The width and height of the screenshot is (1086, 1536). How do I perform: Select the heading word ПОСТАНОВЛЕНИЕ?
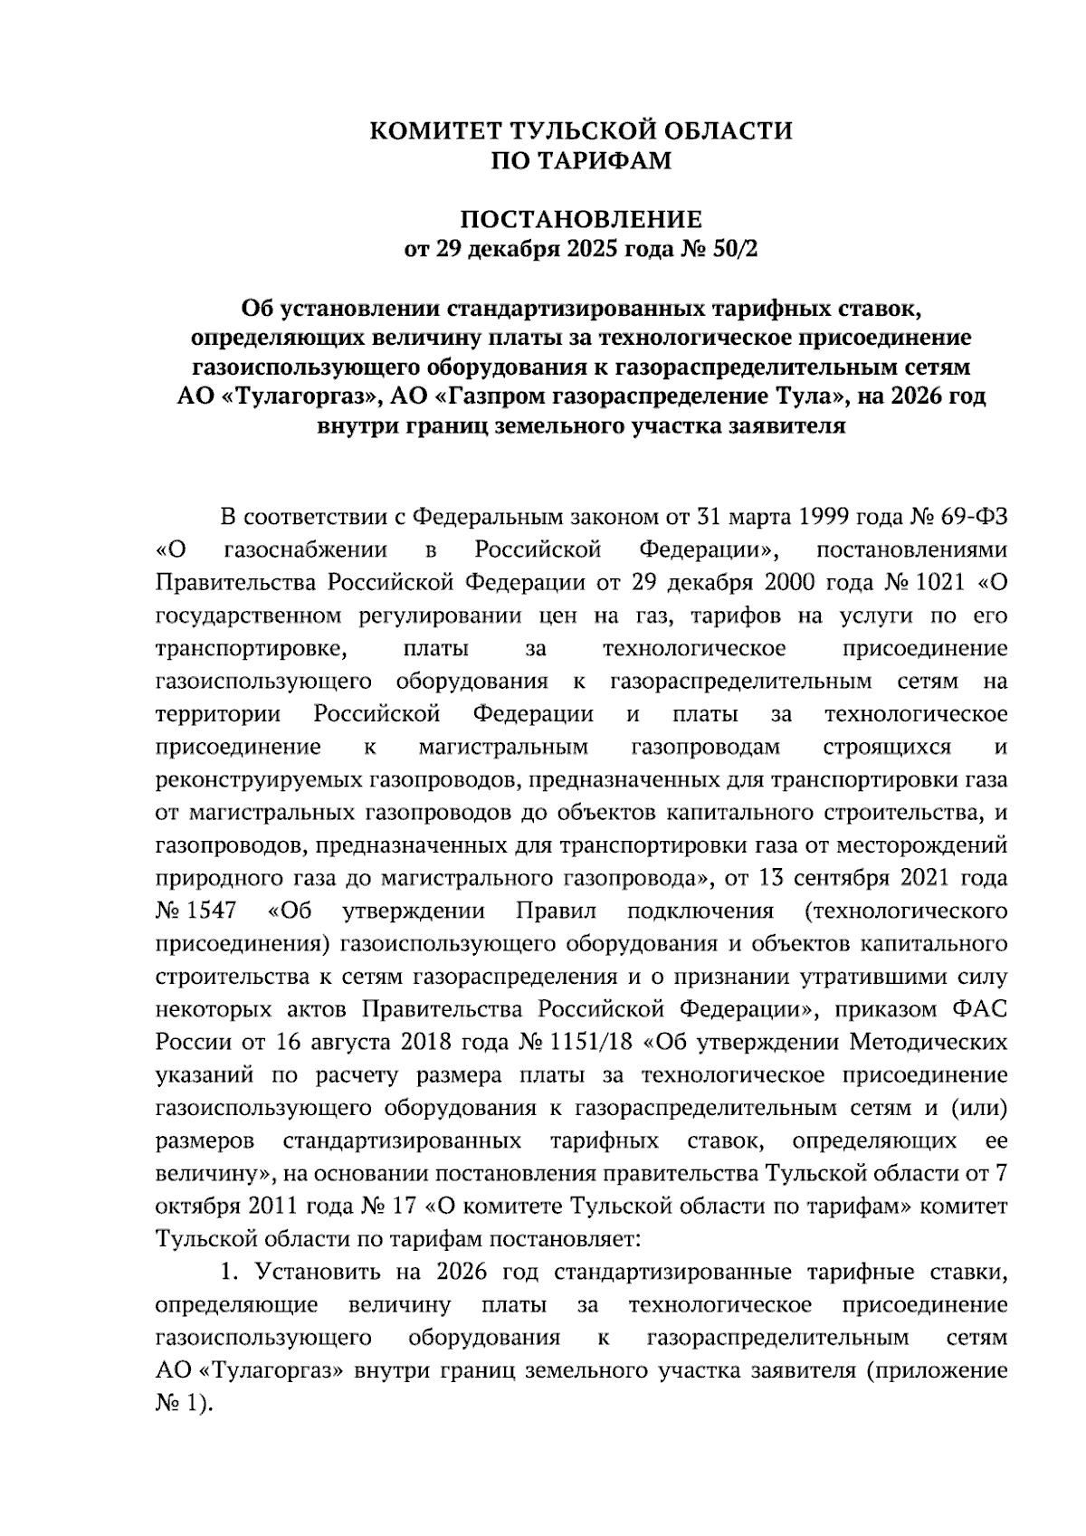pyautogui.click(x=581, y=220)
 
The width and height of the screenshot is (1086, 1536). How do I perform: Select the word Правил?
pyautogui.click(x=550, y=911)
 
